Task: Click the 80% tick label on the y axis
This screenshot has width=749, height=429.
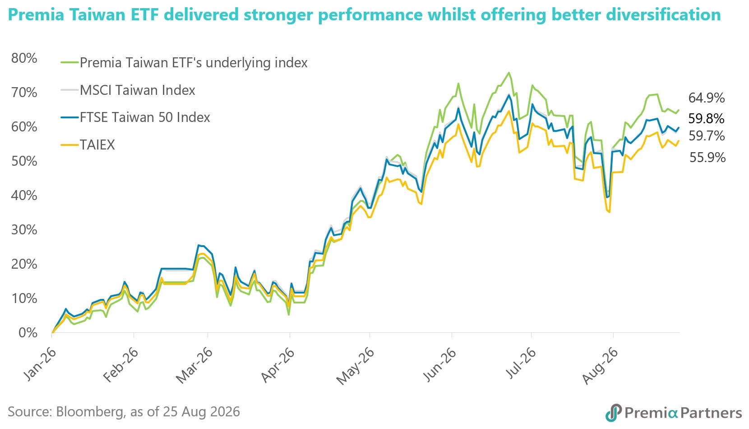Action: click(x=24, y=58)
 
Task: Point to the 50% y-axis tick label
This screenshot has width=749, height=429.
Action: click(x=24, y=161)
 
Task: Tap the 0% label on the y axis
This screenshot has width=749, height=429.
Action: click(x=28, y=333)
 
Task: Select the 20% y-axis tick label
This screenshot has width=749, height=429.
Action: click(x=24, y=264)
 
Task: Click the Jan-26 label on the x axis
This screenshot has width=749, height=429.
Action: click(x=40, y=364)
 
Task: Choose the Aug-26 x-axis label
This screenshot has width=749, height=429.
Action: click(x=600, y=365)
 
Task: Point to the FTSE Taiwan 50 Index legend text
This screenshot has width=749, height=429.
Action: click(x=145, y=117)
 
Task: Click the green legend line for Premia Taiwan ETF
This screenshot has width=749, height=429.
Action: click(x=69, y=63)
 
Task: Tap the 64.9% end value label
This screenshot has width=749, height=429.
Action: click(x=707, y=98)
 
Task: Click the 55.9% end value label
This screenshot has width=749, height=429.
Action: click(x=707, y=157)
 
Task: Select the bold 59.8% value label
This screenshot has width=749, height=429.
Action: click(x=706, y=118)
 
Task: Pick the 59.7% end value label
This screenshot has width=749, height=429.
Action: click(x=707, y=136)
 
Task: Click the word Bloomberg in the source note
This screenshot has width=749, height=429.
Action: click(x=90, y=412)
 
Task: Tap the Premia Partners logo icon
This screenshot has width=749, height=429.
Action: click(x=613, y=412)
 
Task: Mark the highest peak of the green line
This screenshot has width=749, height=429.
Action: click(x=509, y=72)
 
